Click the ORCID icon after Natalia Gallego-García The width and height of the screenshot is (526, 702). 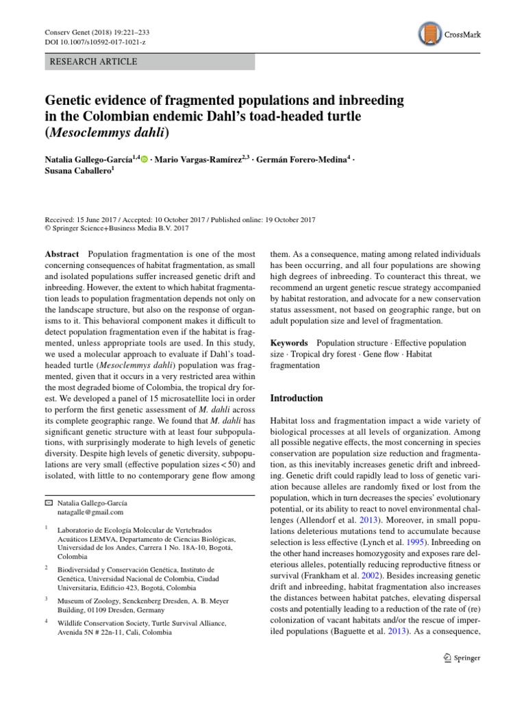[144, 158]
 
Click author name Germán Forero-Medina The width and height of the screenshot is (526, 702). [302, 159]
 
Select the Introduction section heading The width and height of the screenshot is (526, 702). [297, 398]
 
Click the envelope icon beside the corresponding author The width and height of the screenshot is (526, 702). [47, 503]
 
